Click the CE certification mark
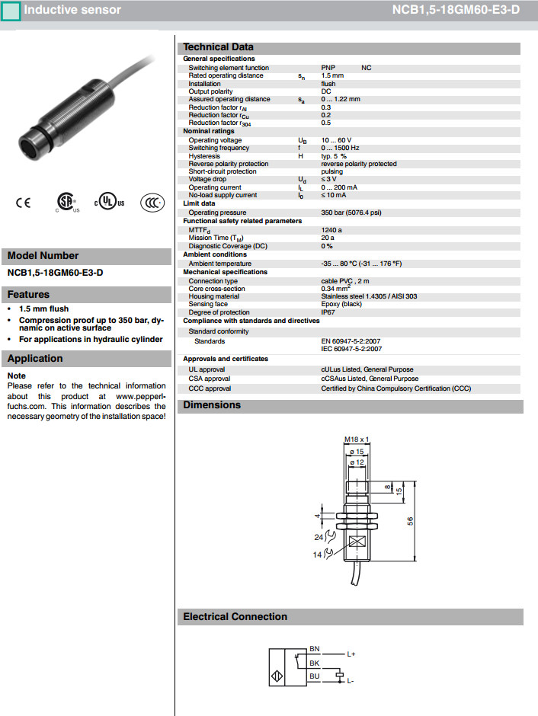[22, 203]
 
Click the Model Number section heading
[43, 256]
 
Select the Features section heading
[29, 295]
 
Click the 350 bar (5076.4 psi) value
[351, 213]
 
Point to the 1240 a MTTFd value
[331, 229]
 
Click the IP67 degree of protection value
[328, 312]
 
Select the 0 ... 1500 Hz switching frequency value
[340, 148]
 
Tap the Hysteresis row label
[207, 156]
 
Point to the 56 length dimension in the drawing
[409, 521]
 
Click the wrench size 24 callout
[319, 537]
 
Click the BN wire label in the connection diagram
[315, 649]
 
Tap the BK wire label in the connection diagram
[315, 663]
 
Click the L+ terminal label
[351, 654]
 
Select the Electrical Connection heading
[235, 617]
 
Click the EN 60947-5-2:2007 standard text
[351, 341]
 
